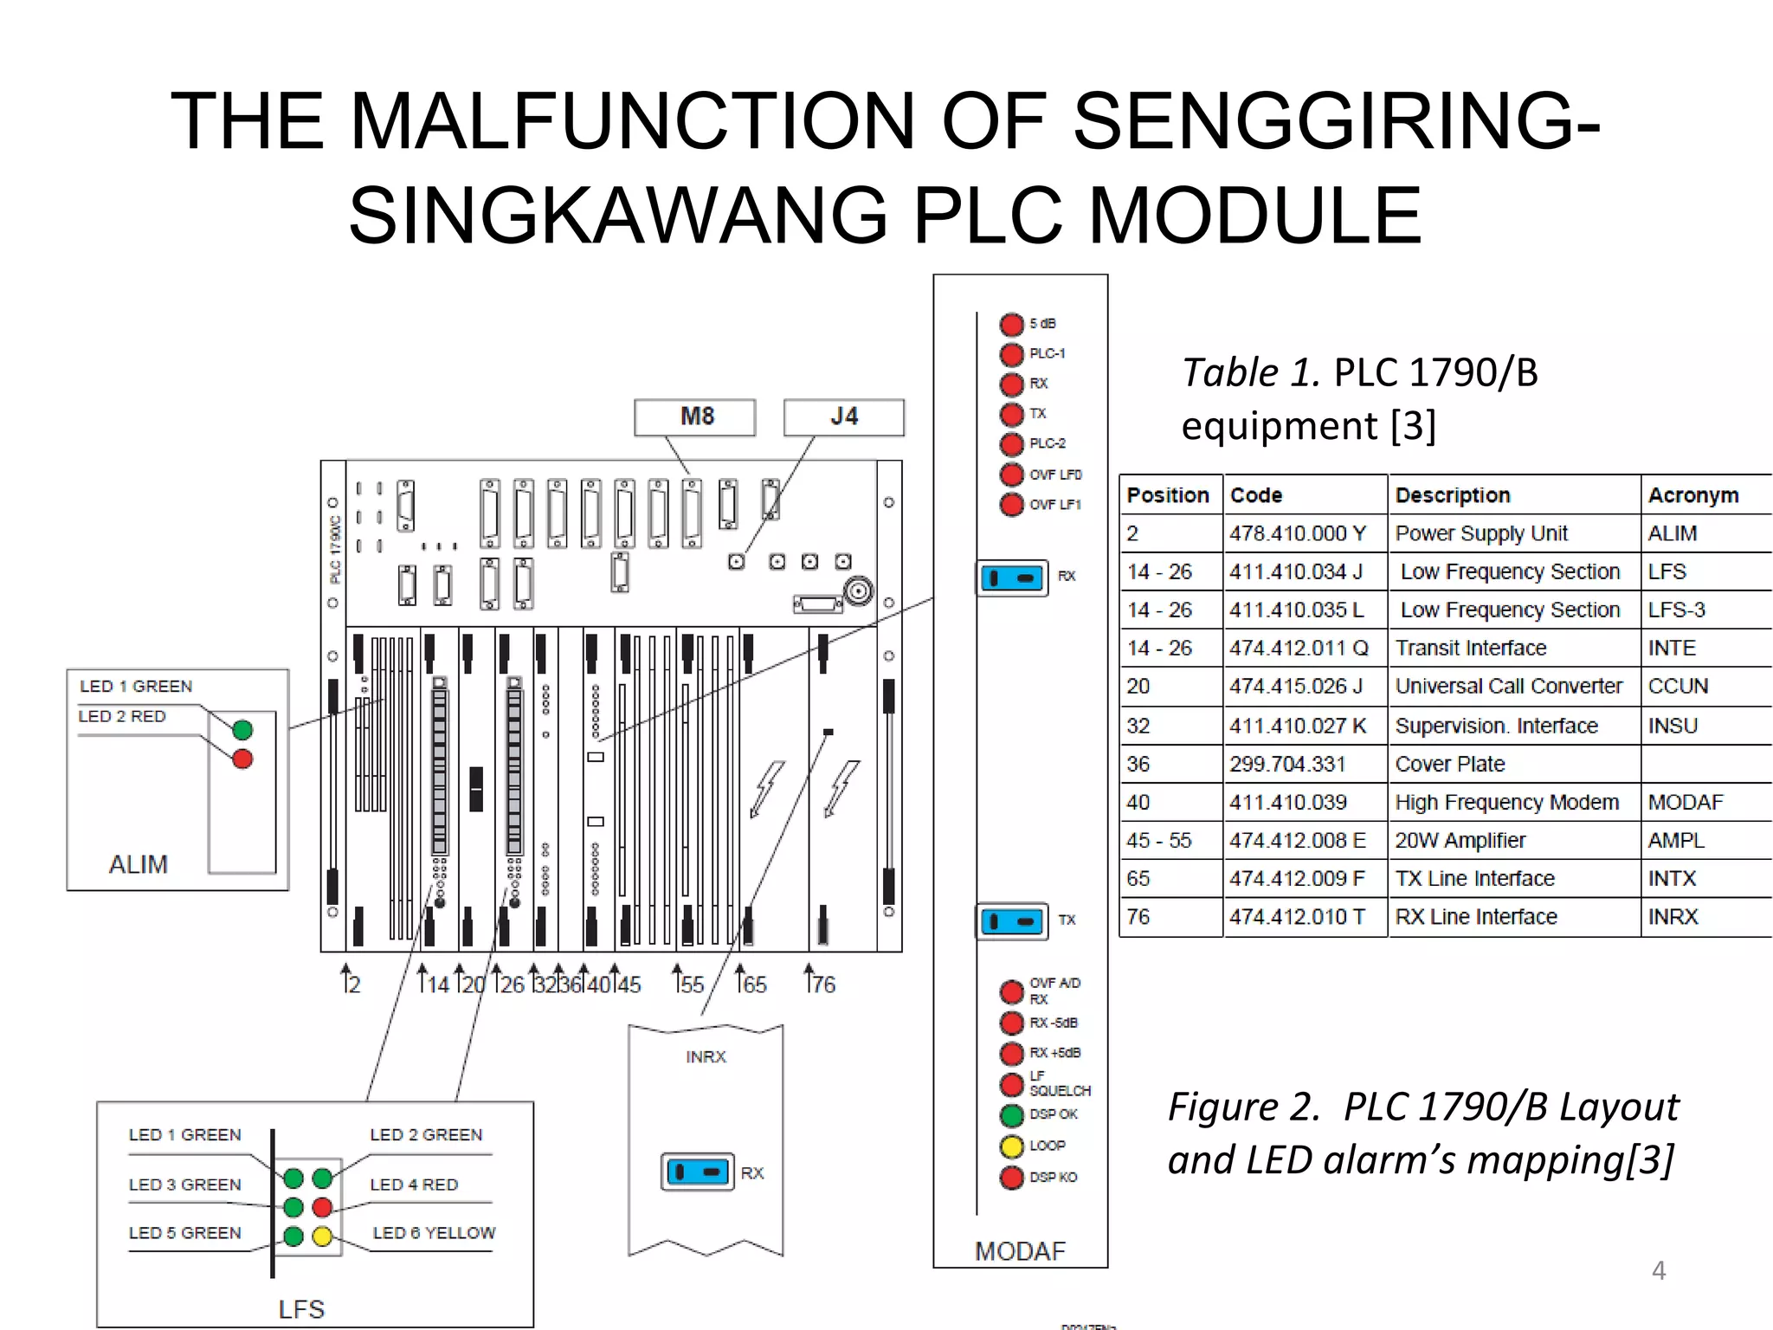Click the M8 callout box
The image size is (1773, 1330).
coord(694,417)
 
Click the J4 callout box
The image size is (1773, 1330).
coord(843,417)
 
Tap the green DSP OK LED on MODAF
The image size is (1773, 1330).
coord(1011,1115)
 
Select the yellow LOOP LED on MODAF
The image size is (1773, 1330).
coord(1011,1146)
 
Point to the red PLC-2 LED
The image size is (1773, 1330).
coord(1011,444)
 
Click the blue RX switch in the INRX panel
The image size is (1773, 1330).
coord(697,1172)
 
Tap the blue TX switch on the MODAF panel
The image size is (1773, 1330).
coord(1011,921)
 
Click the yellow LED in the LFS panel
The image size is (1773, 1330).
coord(322,1236)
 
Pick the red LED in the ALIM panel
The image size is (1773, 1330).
coord(242,759)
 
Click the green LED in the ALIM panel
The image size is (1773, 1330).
coord(242,730)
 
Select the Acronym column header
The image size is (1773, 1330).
coord(1692,495)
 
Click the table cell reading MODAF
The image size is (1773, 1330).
coord(1685,803)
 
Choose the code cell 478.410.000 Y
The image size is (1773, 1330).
coord(1297,533)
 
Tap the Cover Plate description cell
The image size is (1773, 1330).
coord(1450,765)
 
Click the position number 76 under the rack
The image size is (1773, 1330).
coord(822,985)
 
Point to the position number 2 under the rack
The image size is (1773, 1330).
coord(352,985)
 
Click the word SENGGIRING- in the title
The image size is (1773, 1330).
coord(1336,121)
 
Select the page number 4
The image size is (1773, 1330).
coord(1658,1270)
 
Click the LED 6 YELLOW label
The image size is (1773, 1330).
coord(434,1233)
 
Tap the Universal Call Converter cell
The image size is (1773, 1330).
coord(1508,687)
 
